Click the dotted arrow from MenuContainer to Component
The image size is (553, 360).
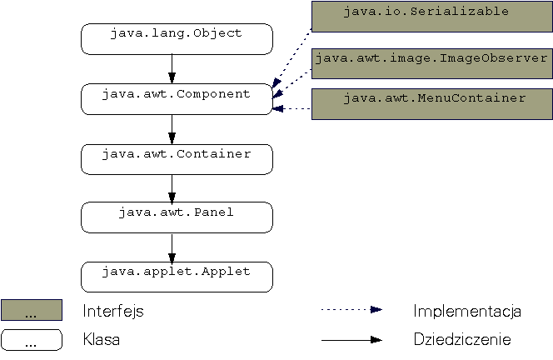point(292,108)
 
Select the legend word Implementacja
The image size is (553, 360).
point(466,311)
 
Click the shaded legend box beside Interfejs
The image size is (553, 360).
point(32,310)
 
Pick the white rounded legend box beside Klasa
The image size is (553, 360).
point(32,339)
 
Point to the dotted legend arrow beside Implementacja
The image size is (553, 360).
point(351,309)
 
